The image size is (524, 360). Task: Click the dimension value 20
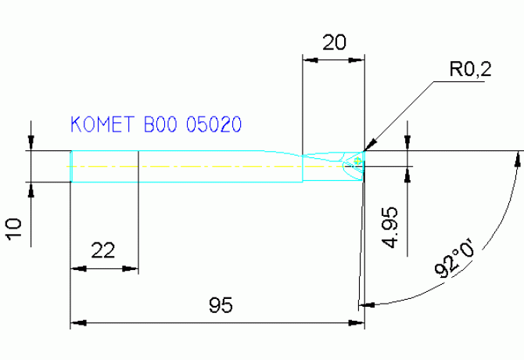334,44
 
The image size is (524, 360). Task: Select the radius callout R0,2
470,70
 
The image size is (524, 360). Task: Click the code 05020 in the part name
213,124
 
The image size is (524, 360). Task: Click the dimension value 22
102,250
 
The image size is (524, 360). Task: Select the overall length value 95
221,304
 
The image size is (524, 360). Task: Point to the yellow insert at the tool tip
357,162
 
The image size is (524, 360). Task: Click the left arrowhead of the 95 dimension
76,322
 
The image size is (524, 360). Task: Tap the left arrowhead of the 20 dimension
307,59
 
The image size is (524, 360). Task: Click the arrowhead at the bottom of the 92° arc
364,303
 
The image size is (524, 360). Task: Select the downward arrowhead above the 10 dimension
31,145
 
